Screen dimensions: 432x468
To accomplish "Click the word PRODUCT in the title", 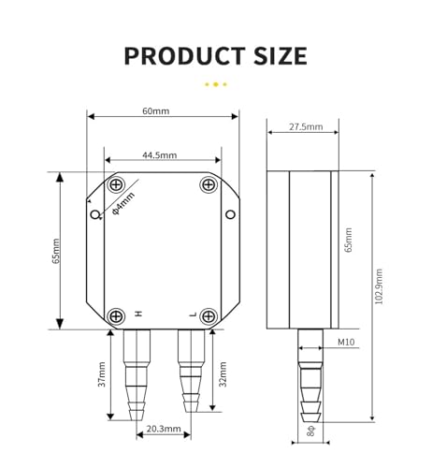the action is coord(184,56).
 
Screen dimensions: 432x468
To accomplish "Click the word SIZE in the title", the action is coord(281,56).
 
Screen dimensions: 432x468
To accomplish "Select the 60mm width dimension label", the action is coord(156,111).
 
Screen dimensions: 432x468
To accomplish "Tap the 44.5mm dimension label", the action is coord(160,155).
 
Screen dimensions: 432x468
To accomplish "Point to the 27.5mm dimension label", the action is coord(306,126).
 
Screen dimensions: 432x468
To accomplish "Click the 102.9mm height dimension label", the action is coord(379,286).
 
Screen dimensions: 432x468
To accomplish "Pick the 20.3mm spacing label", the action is coord(164,429).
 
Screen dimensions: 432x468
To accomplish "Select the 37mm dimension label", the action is coord(102,374).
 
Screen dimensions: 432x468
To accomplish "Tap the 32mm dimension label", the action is coord(223,374).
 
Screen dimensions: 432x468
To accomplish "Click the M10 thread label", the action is coord(346,342).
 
